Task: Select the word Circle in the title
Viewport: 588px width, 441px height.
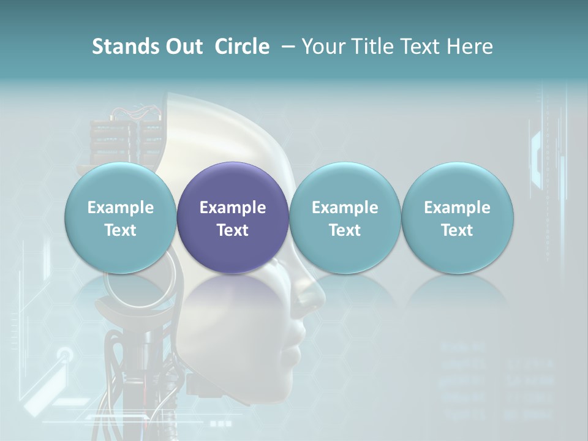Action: pyautogui.click(x=242, y=47)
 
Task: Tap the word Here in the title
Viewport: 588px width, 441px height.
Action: pyautogui.click(x=469, y=47)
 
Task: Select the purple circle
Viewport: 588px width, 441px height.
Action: pyautogui.click(x=233, y=218)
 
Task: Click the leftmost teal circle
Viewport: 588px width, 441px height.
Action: pyautogui.click(x=121, y=218)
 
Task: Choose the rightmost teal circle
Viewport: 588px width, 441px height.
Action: pyautogui.click(x=458, y=218)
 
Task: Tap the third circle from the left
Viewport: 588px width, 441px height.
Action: pyautogui.click(x=345, y=218)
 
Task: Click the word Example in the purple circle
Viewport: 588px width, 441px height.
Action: pyautogui.click(x=233, y=208)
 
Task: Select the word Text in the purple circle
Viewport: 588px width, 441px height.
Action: pyautogui.click(x=233, y=230)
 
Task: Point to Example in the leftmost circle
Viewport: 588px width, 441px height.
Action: pyautogui.click(x=121, y=208)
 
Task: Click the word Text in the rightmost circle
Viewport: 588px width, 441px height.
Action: pyautogui.click(x=458, y=230)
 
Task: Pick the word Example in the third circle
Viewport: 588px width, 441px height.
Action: pyautogui.click(x=345, y=208)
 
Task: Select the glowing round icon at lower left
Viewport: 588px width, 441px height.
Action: pyautogui.click(x=65, y=355)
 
